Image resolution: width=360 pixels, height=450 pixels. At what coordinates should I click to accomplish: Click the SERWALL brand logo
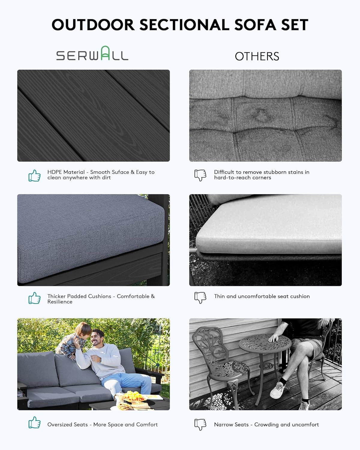(x=92, y=54)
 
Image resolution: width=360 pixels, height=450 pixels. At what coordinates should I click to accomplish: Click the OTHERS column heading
(x=257, y=56)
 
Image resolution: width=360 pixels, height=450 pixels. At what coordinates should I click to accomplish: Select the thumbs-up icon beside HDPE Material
(x=34, y=175)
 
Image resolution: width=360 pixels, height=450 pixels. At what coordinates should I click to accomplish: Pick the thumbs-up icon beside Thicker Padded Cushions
(x=34, y=298)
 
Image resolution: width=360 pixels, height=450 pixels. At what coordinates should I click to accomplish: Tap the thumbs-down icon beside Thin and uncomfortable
(x=200, y=297)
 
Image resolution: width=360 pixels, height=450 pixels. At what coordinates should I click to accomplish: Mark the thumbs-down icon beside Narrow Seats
(x=200, y=424)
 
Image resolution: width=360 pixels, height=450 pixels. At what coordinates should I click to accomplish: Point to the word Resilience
(x=60, y=302)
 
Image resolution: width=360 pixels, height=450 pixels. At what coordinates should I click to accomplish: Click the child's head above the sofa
(x=83, y=330)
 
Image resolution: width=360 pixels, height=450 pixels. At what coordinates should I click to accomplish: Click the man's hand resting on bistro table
(x=274, y=339)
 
